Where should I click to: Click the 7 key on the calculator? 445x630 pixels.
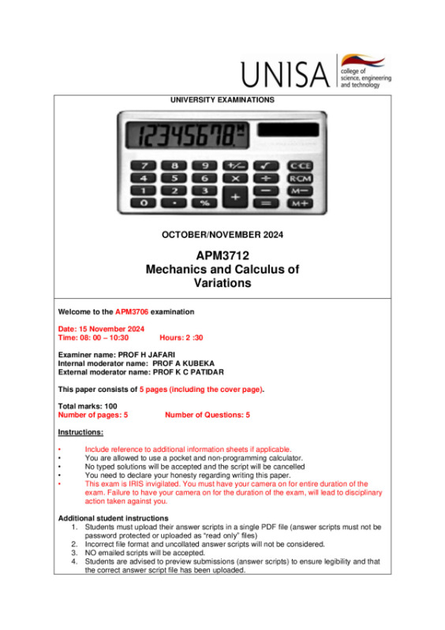(144, 166)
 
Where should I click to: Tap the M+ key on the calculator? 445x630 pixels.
(298, 203)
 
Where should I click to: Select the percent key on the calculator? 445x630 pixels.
(204, 203)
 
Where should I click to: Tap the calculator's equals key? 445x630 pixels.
(266, 203)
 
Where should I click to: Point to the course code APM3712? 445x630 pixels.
(222, 256)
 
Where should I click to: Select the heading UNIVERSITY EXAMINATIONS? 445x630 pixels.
(222, 100)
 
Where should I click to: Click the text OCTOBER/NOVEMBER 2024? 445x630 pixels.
(222, 235)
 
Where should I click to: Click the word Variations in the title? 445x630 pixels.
(222, 282)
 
